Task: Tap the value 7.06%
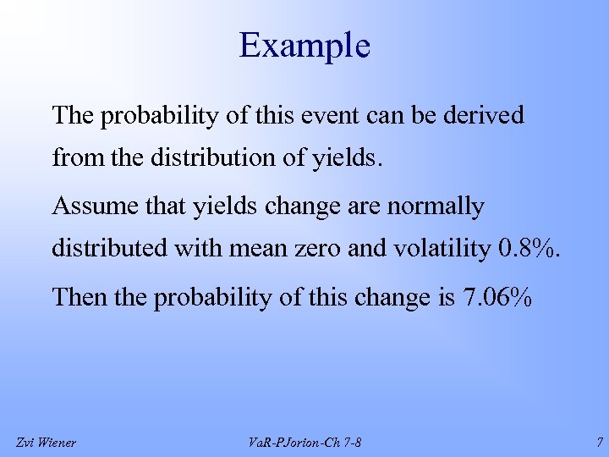point(496,297)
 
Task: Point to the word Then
point(77,297)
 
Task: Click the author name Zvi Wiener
point(47,442)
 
